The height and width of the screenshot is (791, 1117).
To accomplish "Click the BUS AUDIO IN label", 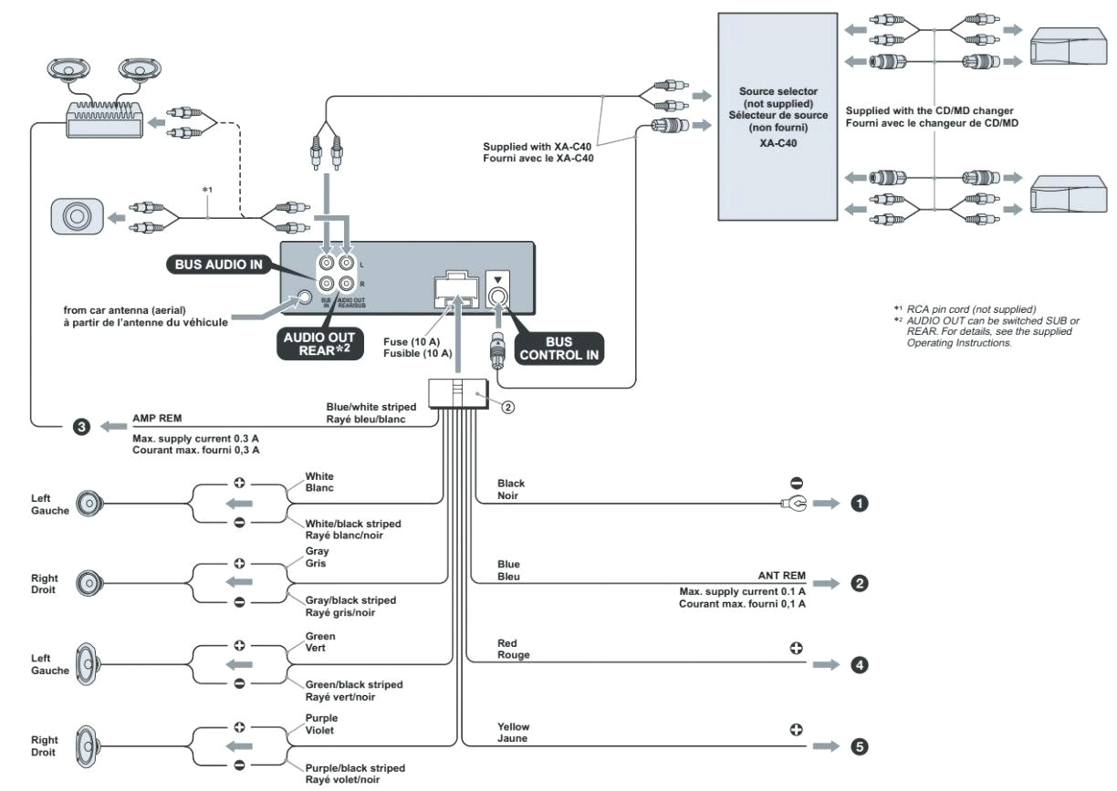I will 218,265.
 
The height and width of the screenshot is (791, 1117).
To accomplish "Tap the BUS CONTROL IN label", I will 559,349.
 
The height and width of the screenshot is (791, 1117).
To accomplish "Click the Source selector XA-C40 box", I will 777,116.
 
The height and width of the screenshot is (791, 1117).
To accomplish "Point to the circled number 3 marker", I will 81,426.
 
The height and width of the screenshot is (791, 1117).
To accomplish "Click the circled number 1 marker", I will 859,503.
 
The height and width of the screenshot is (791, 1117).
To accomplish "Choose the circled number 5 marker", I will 859,746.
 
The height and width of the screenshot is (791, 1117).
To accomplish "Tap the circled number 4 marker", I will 859,665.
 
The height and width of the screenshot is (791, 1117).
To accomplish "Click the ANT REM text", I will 781,576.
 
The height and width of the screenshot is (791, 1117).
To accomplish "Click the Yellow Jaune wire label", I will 513,732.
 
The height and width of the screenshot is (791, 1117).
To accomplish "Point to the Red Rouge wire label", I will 513,649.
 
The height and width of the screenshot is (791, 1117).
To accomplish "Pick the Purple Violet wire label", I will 320,723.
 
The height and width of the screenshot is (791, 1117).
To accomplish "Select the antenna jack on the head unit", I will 304,297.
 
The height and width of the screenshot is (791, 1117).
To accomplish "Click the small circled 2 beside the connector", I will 507,407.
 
